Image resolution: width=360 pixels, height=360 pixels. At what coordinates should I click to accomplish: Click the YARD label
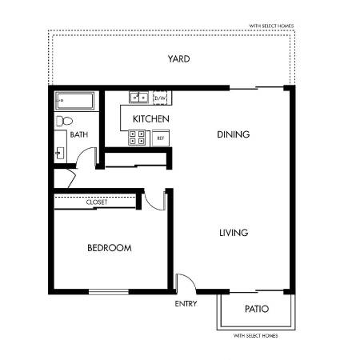[178, 59]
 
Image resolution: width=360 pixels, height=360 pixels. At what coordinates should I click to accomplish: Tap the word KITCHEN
[151, 119]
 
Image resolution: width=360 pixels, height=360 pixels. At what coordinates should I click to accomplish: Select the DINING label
[234, 134]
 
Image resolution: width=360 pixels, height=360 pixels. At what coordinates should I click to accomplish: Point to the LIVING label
[234, 233]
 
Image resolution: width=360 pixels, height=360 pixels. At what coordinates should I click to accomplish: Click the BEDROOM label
[110, 248]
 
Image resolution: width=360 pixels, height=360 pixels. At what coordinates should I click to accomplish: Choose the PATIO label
[257, 309]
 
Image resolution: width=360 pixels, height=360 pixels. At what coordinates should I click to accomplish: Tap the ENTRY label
[186, 304]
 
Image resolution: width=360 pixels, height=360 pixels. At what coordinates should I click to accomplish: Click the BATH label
[79, 134]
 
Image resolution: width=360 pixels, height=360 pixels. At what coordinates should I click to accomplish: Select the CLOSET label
[97, 202]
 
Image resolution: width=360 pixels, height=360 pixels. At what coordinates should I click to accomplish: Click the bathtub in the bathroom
[74, 101]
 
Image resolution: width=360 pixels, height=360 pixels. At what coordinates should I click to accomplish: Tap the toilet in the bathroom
[64, 122]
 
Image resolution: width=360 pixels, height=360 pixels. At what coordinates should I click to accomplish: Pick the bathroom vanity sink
[60, 154]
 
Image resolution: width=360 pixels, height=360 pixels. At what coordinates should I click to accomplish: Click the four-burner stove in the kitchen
[137, 138]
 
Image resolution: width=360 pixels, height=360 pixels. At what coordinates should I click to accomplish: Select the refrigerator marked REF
[161, 138]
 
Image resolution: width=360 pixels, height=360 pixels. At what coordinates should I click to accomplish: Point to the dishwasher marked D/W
[160, 98]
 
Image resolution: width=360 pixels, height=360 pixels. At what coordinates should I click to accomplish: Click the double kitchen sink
[138, 98]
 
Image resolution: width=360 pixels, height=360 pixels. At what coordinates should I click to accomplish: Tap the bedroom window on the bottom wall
[109, 292]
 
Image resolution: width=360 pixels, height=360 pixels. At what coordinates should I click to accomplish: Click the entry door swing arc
[190, 278]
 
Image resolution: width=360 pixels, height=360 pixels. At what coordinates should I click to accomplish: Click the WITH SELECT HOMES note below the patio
[255, 336]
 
